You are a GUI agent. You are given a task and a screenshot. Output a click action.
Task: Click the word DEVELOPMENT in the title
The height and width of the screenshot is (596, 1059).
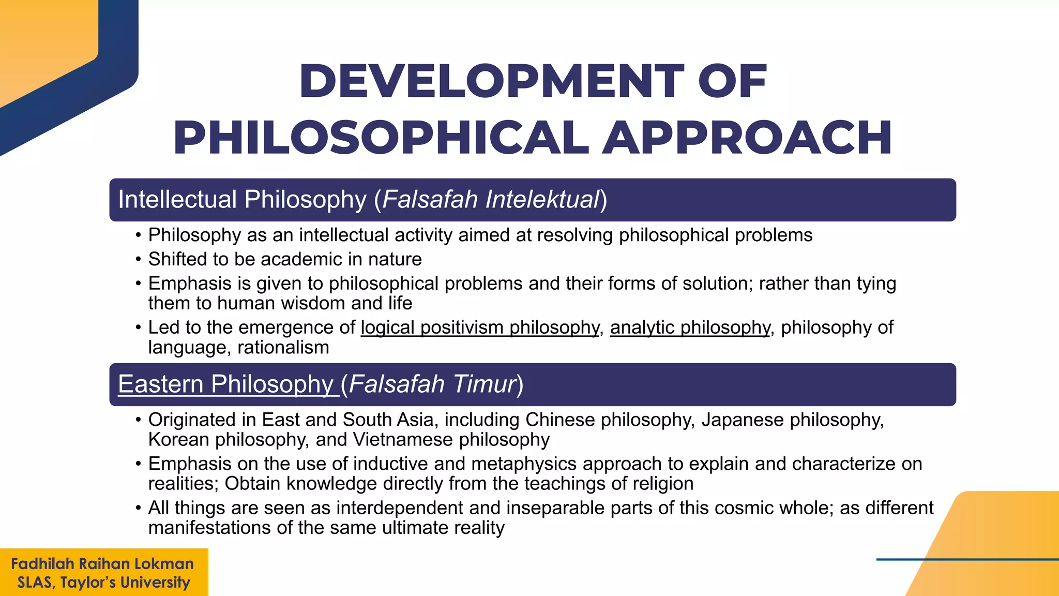click(x=491, y=81)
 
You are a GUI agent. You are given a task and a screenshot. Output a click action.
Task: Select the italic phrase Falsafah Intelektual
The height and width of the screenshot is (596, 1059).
click(x=490, y=200)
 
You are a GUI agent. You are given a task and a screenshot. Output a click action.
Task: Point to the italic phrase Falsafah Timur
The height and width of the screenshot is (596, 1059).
click(x=432, y=384)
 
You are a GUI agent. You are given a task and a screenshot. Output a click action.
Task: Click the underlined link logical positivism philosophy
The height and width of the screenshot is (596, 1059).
click(x=479, y=327)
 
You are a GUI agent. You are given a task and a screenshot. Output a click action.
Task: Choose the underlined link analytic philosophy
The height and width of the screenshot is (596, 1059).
click(x=690, y=327)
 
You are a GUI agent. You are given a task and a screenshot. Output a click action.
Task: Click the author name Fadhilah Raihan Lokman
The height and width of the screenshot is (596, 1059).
click(x=102, y=564)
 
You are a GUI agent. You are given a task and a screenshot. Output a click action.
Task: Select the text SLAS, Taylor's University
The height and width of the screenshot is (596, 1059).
click(x=103, y=583)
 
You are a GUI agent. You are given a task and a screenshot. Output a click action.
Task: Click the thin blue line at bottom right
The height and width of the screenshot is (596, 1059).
click(x=967, y=559)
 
